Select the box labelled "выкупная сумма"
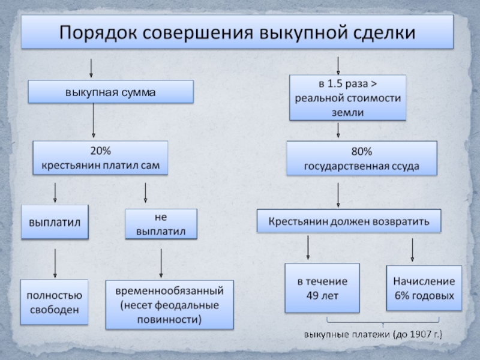111,92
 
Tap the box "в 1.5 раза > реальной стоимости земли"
347,97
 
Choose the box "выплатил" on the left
55,222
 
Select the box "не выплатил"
160,224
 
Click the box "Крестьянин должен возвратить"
348,221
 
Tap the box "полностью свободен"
53,302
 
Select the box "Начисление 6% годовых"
424,288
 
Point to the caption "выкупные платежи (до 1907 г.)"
372,334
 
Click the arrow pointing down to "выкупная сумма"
91,68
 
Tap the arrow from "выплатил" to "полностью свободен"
55,263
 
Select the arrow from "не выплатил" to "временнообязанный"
161,262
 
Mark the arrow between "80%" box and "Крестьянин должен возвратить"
338,194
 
